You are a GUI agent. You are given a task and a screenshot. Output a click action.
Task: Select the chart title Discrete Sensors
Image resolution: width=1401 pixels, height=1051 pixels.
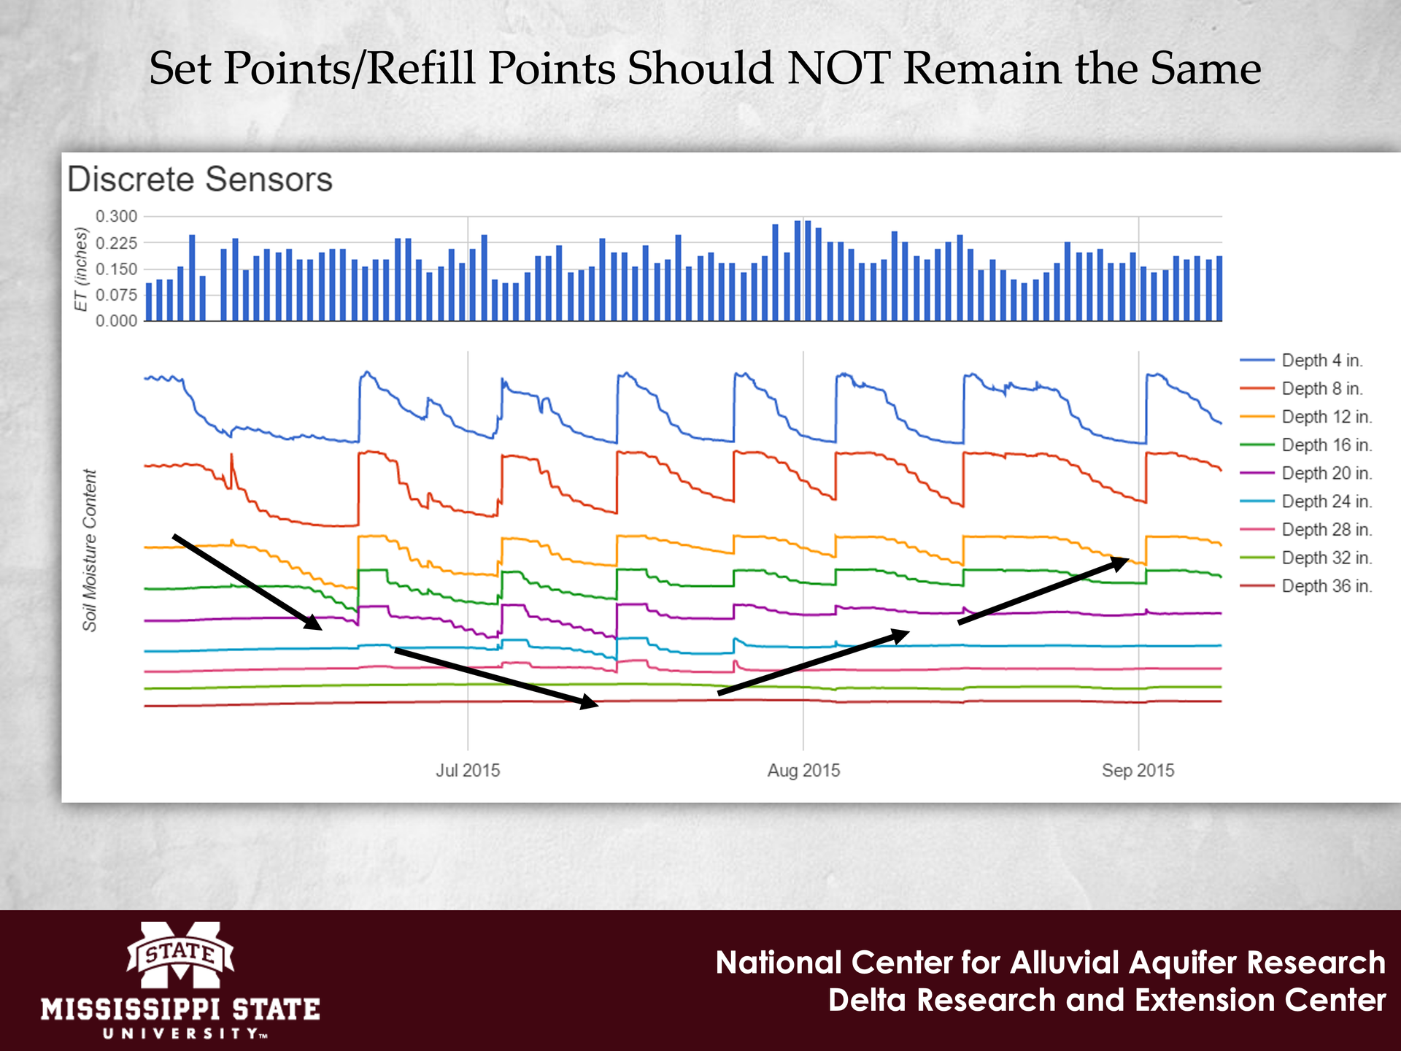[x=200, y=180]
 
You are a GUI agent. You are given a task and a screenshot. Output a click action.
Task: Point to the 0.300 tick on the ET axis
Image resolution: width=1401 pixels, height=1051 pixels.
[x=117, y=216]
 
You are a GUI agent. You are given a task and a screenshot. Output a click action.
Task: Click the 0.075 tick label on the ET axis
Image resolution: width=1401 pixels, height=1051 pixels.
[x=117, y=295]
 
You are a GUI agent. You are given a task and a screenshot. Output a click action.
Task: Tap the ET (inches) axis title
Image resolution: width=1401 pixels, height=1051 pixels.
[x=82, y=269]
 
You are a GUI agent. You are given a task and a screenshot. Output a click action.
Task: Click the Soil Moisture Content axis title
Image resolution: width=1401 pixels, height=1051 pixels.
[x=90, y=550]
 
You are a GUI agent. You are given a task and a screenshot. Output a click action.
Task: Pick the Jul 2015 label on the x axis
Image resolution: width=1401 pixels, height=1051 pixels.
[x=468, y=771]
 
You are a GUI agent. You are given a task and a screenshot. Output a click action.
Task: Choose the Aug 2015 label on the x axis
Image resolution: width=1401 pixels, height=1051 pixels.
[x=803, y=771]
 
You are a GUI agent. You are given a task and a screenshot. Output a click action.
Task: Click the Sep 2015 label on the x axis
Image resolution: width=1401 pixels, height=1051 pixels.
[x=1138, y=771]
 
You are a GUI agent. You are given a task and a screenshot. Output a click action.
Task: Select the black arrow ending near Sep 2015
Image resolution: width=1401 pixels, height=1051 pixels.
[x=1043, y=590]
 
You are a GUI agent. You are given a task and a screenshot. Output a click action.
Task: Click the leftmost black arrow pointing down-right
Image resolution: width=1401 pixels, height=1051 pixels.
[x=247, y=582]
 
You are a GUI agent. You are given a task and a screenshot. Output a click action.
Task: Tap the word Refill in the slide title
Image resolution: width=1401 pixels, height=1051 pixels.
[x=423, y=69]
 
